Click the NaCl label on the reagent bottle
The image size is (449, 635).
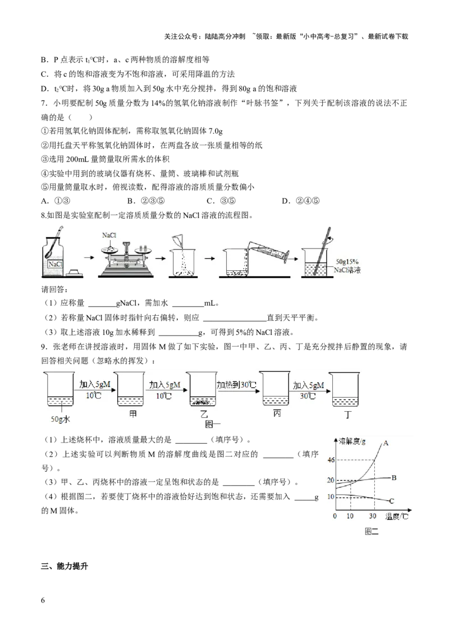(x=55, y=264)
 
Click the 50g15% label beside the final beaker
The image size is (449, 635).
(x=347, y=261)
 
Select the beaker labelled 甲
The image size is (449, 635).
(x=130, y=389)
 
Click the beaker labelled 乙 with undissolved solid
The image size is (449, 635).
(x=203, y=389)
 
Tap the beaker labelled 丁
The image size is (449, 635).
(x=345, y=389)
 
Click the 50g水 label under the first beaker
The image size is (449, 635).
(x=61, y=419)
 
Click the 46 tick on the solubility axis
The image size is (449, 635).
(x=331, y=459)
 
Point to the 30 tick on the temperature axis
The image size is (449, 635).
(x=373, y=516)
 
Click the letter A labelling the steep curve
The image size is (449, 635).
(x=386, y=443)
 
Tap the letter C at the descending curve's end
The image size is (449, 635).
(x=391, y=501)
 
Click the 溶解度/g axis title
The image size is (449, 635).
(x=352, y=441)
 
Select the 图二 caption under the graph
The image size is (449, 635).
(x=371, y=531)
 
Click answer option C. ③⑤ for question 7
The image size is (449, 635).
(x=221, y=201)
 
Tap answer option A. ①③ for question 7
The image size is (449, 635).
(x=56, y=201)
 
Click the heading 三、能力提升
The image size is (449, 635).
(x=65, y=566)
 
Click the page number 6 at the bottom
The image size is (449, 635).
(x=43, y=600)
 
